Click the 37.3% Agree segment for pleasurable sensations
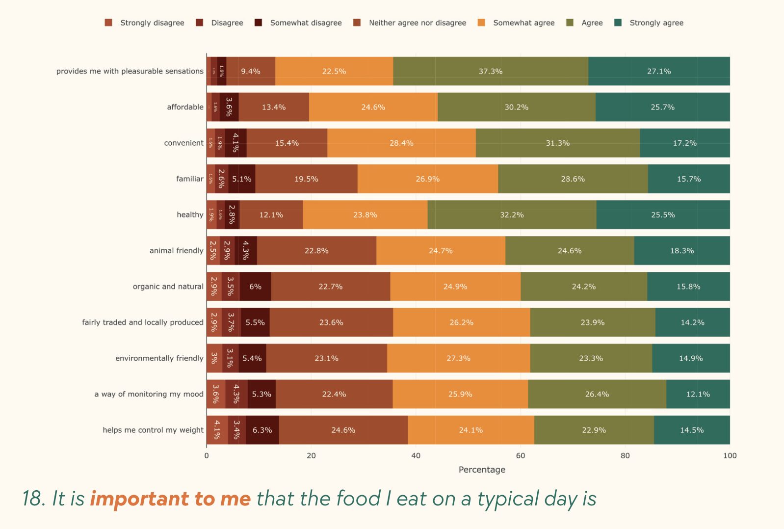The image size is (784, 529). (x=491, y=71)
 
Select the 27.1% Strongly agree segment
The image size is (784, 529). (x=658, y=71)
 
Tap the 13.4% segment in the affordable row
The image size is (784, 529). (x=274, y=107)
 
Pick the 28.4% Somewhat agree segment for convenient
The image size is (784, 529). (x=401, y=143)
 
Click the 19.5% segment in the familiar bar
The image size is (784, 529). (x=306, y=179)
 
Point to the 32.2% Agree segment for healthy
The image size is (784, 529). (x=512, y=214)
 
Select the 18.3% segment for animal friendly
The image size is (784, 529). (x=681, y=250)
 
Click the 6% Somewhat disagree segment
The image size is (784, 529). (x=255, y=286)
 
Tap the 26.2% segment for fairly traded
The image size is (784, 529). (x=461, y=322)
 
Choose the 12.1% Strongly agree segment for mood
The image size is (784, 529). (x=698, y=394)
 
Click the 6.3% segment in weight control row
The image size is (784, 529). (x=262, y=430)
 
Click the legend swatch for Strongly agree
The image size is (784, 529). (x=618, y=23)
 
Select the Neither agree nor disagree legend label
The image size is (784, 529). (x=417, y=23)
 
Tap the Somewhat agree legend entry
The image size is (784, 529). (x=523, y=23)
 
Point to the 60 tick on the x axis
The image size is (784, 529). (x=521, y=455)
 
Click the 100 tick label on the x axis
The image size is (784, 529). (x=729, y=455)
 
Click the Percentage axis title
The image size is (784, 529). (x=482, y=470)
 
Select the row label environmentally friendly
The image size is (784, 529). (x=159, y=358)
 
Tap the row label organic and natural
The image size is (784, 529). (x=168, y=286)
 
